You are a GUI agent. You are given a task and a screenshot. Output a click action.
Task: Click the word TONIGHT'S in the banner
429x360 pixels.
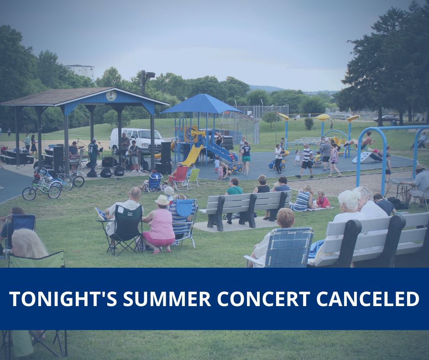tap(63, 299)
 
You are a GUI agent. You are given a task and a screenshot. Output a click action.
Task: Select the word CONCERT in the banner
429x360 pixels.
tap(264, 299)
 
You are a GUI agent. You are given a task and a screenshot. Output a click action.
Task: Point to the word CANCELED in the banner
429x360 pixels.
tap(368, 299)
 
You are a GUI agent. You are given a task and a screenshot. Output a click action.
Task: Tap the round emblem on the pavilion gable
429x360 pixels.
tap(111, 95)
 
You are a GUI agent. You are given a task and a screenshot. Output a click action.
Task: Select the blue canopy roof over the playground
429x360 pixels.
tap(202, 104)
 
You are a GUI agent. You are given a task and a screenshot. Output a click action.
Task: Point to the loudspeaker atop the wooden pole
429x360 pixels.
tap(150, 75)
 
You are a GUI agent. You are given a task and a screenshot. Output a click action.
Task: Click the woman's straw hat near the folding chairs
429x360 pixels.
tap(162, 200)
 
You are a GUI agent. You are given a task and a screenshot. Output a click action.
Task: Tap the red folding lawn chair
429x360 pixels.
tap(180, 177)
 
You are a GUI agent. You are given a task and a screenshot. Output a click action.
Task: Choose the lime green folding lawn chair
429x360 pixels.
tap(194, 177)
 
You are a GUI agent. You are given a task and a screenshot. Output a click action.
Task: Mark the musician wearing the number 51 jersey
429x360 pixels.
tap(93, 155)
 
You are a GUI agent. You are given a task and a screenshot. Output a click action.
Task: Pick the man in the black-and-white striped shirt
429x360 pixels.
tap(306, 160)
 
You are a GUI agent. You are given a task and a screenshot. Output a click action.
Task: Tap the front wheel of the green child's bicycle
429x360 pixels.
tap(29, 194)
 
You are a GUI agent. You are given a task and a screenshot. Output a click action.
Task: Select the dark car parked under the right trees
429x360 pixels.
tap(386, 119)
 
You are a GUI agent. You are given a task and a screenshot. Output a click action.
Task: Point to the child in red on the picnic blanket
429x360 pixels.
tap(322, 200)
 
